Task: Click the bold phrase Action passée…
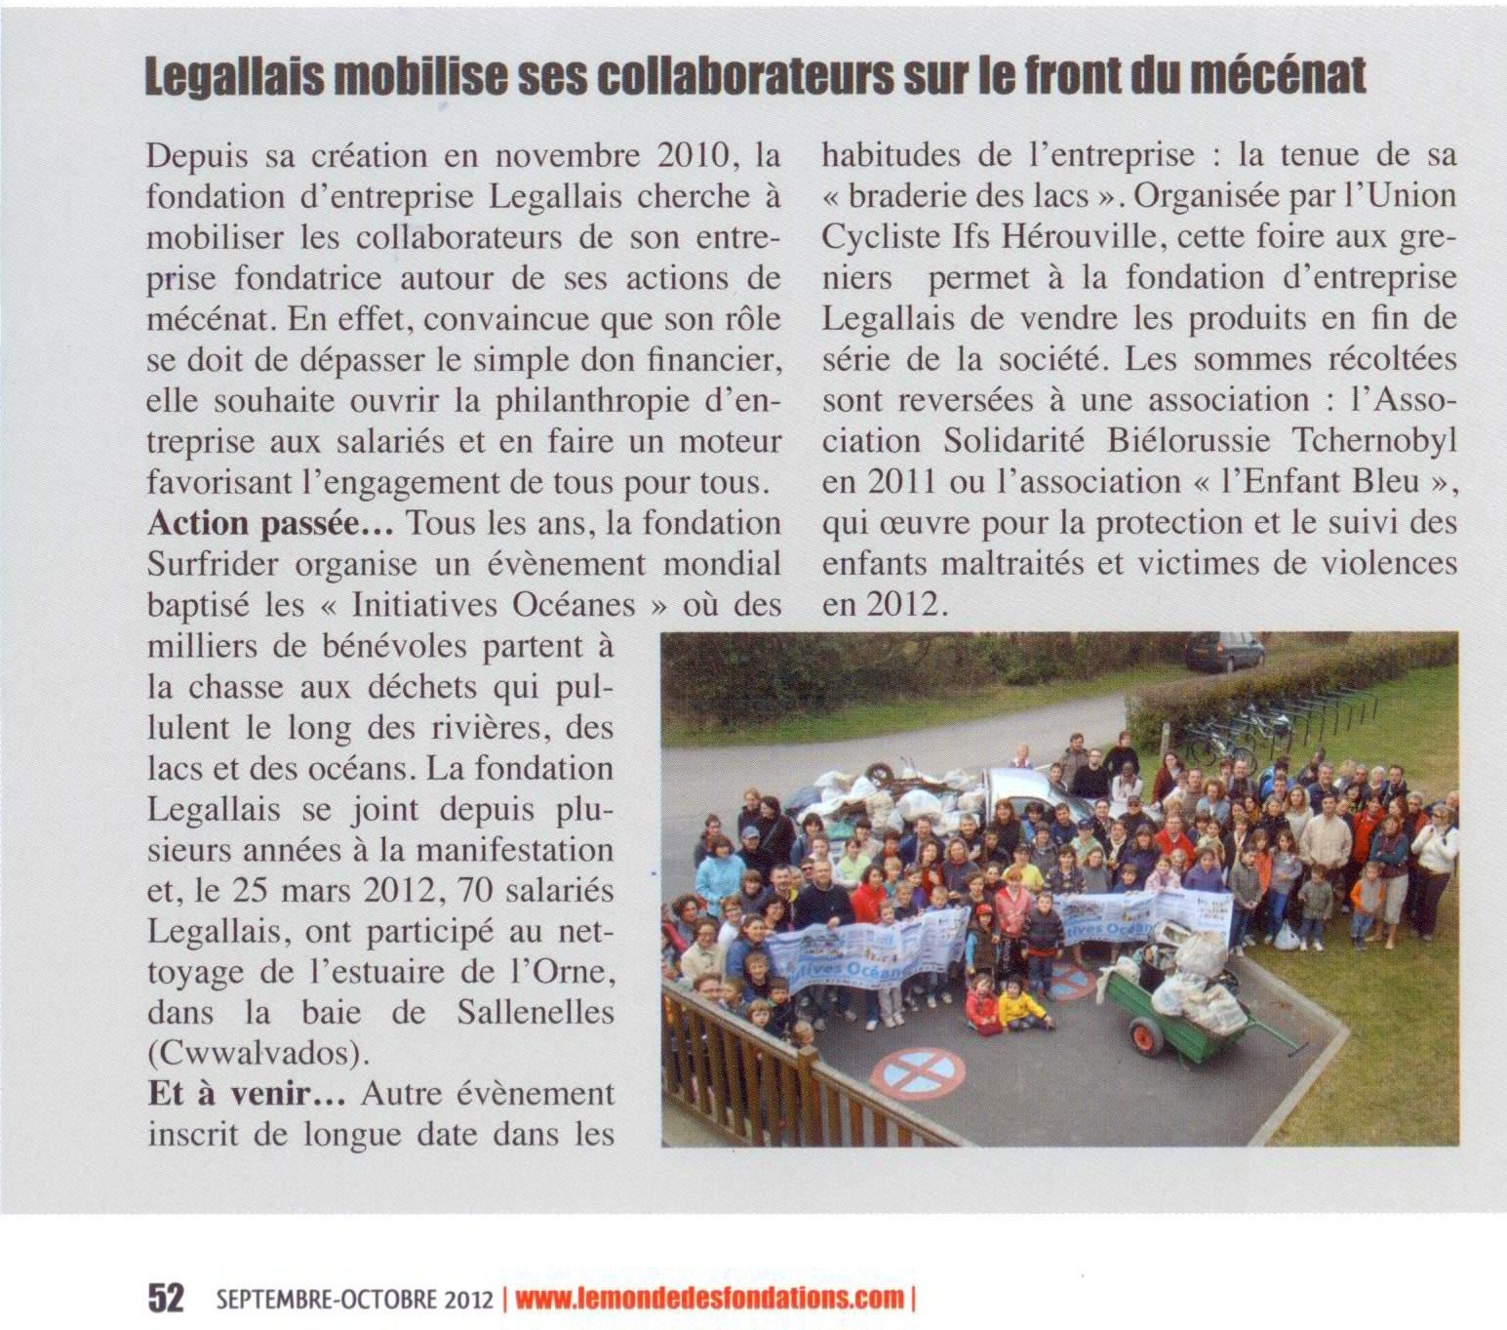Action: [x=270, y=524]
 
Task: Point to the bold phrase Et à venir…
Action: [x=247, y=1094]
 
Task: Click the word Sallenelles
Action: [x=535, y=1012]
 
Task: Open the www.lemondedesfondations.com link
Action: [x=709, y=1298]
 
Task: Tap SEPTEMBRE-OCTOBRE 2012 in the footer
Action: [x=355, y=1299]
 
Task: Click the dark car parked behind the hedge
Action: [x=1224, y=651]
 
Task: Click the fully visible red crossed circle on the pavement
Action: [x=918, y=1072]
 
